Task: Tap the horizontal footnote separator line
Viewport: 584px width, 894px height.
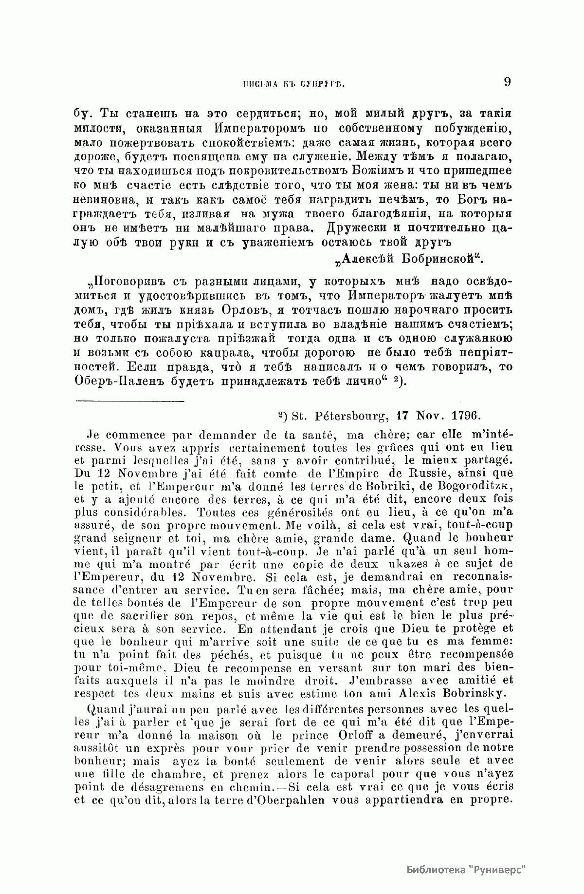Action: pos(130,401)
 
